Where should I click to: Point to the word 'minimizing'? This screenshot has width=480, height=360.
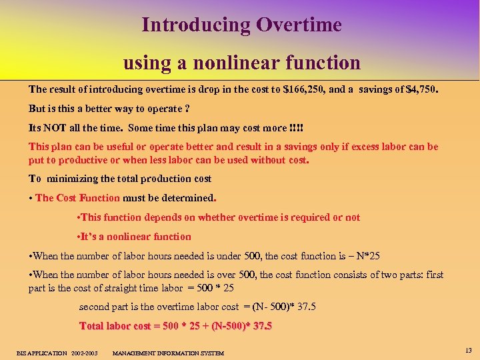75,179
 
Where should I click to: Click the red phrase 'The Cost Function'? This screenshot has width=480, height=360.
78,198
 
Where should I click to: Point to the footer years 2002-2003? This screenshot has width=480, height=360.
84,353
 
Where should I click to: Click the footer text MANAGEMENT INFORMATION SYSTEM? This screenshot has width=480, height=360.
168,353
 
